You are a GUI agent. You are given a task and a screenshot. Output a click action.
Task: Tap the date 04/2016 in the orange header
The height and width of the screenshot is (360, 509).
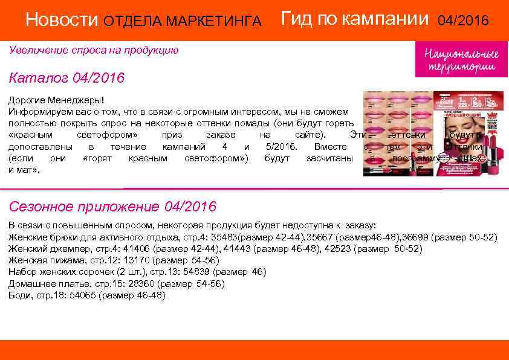tap(463, 21)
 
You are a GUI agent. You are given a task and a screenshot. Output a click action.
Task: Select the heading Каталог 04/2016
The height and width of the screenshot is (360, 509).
tap(66, 79)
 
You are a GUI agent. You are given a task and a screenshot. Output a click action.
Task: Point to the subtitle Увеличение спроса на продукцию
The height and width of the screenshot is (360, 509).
tap(94, 50)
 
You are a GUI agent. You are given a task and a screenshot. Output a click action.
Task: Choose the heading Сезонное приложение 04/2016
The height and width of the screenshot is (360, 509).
tap(112, 207)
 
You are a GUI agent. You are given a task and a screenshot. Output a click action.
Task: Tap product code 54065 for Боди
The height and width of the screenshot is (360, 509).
tap(83, 295)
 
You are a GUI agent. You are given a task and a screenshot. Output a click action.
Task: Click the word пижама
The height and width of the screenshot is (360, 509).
tap(64, 260)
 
